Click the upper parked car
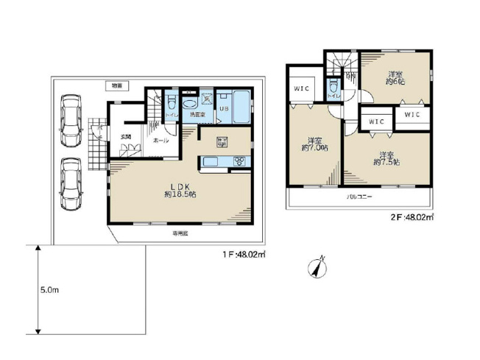[x=72, y=119]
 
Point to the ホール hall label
[x=160, y=140]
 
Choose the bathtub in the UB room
[x=239, y=102]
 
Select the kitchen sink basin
[x=210, y=162]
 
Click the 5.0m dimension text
[x=49, y=290]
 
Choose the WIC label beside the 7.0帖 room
[x=301, y=89]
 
